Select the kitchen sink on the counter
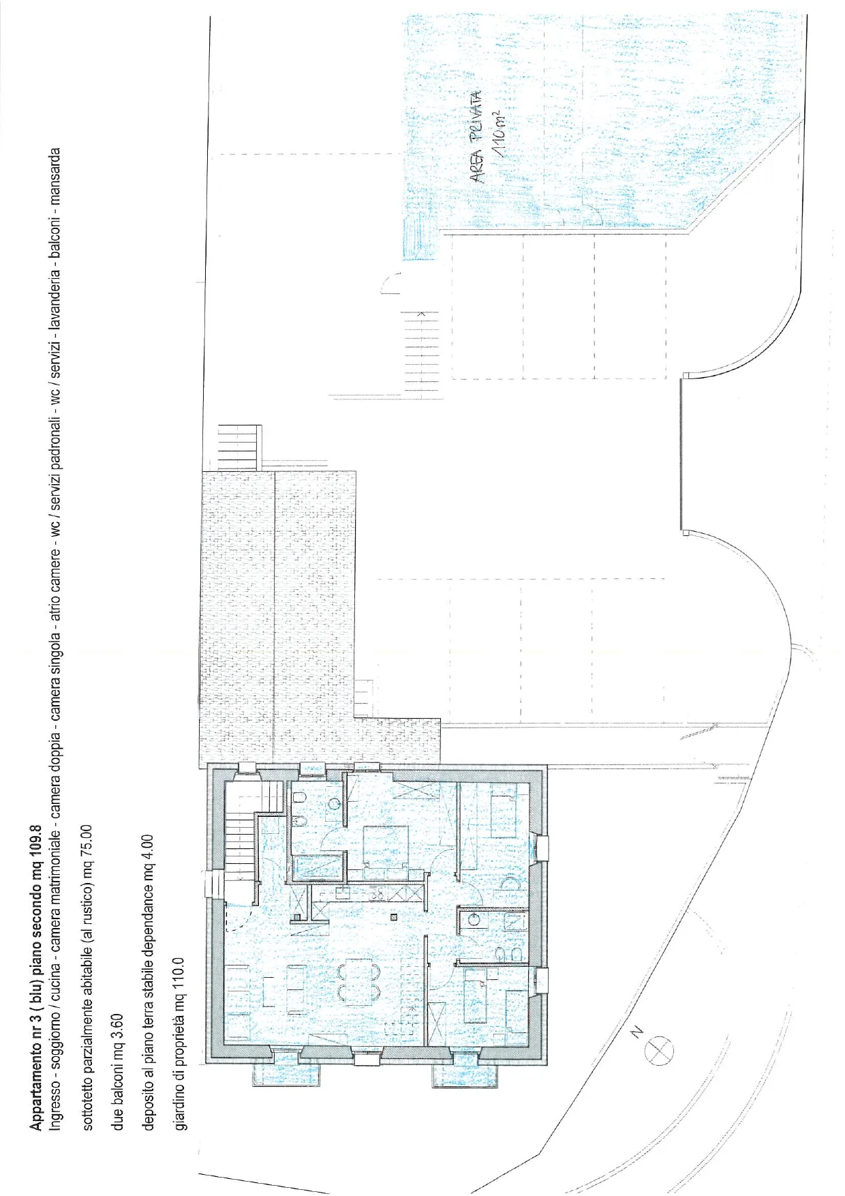(341, 893)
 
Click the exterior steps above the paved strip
(239, 447)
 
